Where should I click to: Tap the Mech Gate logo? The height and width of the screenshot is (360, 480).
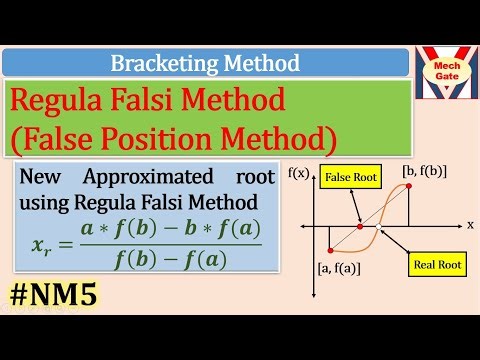pos(445,76)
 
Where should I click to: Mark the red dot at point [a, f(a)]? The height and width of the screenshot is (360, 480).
pos(330,248)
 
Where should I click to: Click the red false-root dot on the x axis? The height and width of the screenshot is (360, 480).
pos(361,226)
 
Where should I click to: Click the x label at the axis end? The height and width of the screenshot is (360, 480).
pos(470,225)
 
